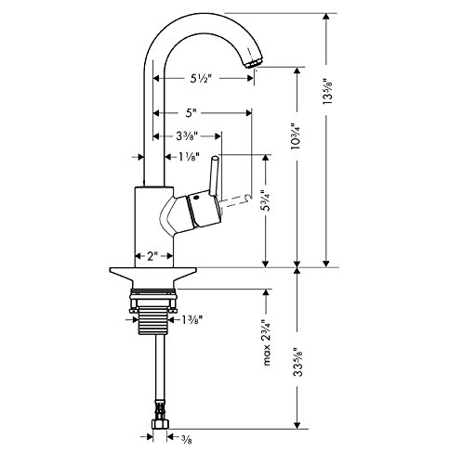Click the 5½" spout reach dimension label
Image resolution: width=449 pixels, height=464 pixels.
[x=200, y=79]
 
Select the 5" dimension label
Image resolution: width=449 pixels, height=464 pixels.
[x=191, y=113]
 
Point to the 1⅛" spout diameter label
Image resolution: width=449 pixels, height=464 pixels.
[x=188, y=157]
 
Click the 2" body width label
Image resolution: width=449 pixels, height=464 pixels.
[x=152, y=256]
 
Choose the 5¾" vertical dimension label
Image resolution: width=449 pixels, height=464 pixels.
[x=266, y=200]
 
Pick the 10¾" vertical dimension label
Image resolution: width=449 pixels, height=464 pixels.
[x=296, y=136]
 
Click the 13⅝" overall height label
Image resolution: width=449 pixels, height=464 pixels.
[x=327, y=91]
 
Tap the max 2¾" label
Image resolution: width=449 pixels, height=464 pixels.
[x=266, y=342]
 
